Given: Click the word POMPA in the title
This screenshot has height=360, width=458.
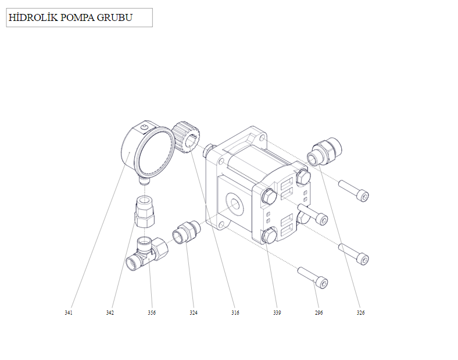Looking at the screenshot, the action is [77, 17].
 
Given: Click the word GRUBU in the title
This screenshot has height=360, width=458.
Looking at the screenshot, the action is [114, 17].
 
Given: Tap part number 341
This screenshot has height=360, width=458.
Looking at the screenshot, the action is [69, 313].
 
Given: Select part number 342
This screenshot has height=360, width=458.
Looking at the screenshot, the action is [110, 313].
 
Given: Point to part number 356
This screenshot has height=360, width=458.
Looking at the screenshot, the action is [152, 313].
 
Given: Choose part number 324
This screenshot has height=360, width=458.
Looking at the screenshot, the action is [194, 313].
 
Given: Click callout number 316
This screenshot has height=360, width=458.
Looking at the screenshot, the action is [235, 313].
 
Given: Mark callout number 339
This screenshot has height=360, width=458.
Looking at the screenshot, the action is [277, 313].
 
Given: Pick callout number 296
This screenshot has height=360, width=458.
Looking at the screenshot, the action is [319, 313].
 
